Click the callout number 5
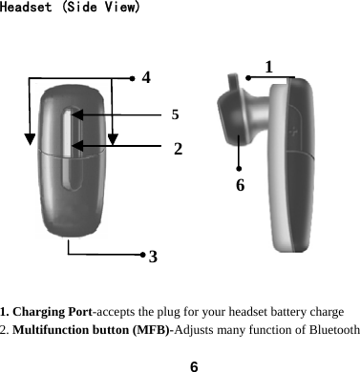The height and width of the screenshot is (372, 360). tap(176, 114)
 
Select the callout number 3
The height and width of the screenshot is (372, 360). tap(154, 256)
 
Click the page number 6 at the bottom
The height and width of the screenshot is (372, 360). tap(194, 363)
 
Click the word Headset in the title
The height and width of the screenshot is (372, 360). tap(28, 9)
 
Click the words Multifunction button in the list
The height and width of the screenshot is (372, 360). tap(75, 329)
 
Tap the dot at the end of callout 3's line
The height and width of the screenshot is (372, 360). tap(141, 255)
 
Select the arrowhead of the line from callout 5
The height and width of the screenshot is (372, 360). tap(75, 114)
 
